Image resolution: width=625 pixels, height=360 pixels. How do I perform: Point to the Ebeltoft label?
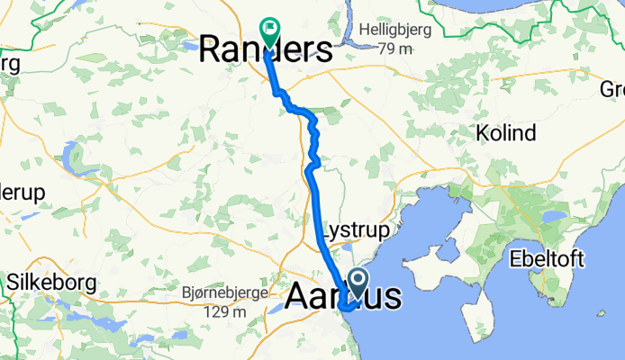pos(546,259)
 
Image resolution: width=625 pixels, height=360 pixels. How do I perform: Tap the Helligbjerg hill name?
pos(395,30)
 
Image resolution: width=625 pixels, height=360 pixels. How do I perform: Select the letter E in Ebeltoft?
pos(514,259)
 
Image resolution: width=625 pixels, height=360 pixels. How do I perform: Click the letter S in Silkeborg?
pos(12,281)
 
